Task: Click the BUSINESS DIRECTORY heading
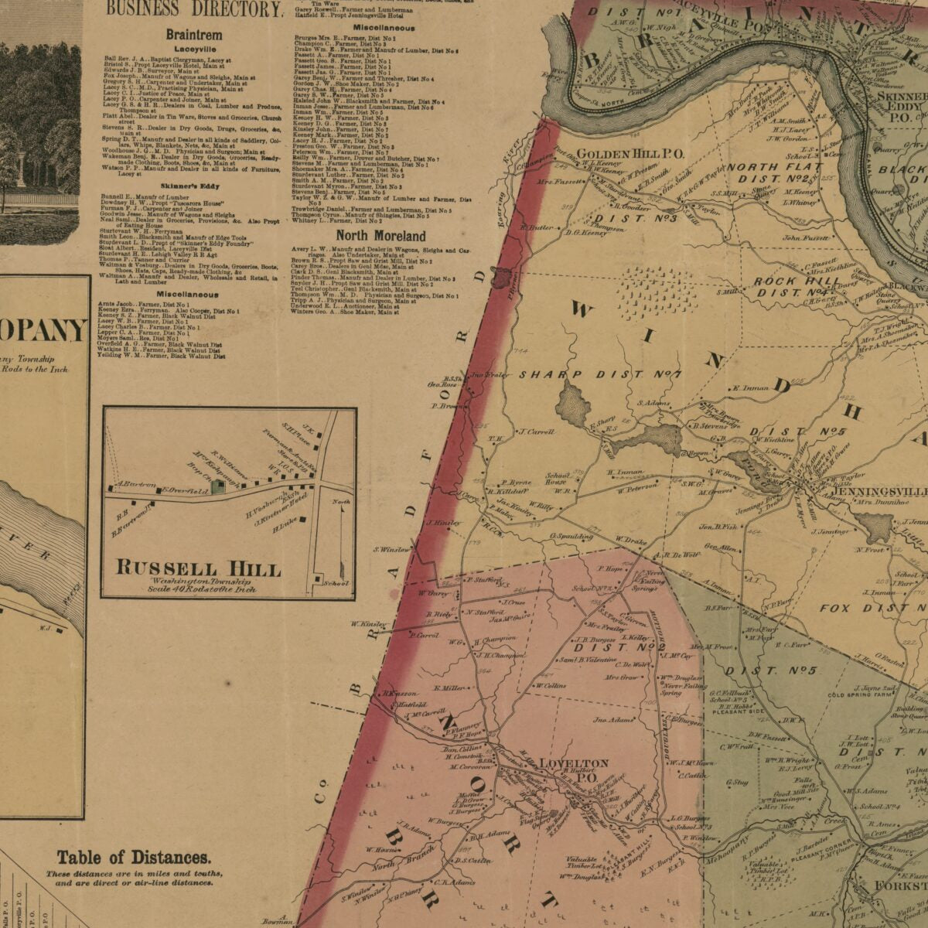(x=193, y=10)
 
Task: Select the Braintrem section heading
(x=193, y=35)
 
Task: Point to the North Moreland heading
(x=380, y=235)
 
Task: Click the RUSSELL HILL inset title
(x=198, y=568)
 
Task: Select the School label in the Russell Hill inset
(x=337, y=582)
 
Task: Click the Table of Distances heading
(x=133, y=857)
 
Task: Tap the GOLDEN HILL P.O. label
(x=630, y=154)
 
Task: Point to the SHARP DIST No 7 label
(x=599, y=375)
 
